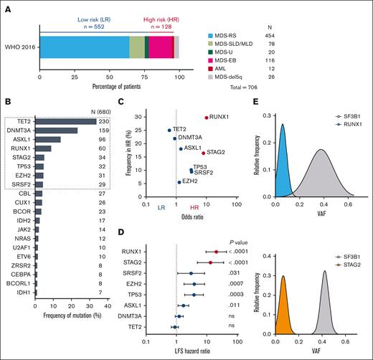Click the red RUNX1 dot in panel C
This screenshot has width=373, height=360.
(x=206, y=118)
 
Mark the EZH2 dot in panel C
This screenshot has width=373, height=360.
(x=179, y=182)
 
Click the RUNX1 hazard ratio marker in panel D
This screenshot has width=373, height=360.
(x=217, y=252)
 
